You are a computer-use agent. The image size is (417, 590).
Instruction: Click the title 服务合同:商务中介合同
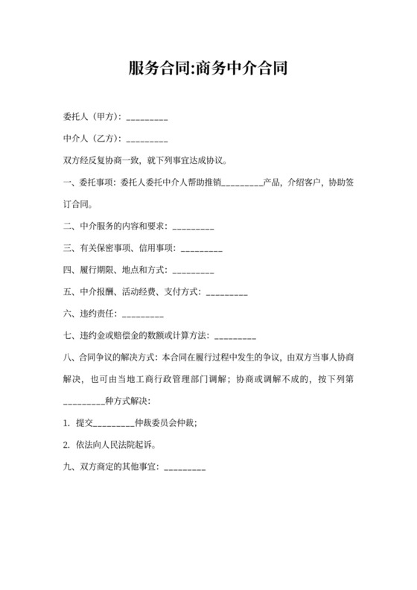pyautogui.click(x=208, y=69)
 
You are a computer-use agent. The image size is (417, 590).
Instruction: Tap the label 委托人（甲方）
pyautogui.click(x=93, y=117)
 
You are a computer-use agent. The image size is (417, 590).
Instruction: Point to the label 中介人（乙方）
pyautogui.click(x=93, y=138)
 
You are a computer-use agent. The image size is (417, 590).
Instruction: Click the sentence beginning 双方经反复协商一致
pyautogui.click(x=150, y=159)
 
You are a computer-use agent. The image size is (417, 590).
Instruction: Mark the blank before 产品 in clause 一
pyautogui.click(x=242, y=181)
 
